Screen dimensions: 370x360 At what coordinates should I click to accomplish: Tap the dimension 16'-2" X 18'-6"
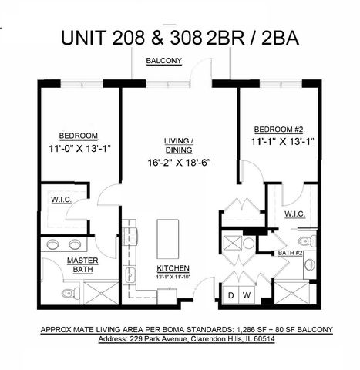[179, 163]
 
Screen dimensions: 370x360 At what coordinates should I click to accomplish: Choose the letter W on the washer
[247, 295]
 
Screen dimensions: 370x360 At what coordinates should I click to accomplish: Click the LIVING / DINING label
[179, 145]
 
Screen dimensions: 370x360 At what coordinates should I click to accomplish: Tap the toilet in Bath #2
[309, 264]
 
